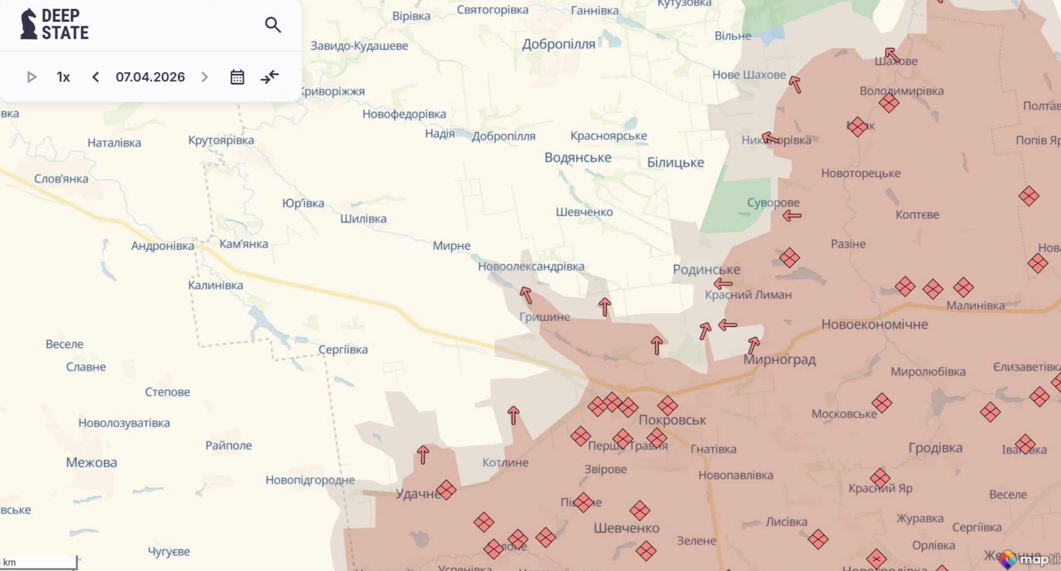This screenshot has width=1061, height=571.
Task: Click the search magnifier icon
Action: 273,25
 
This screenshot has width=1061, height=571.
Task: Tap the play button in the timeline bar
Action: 32,77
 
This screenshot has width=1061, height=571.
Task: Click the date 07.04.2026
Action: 150,77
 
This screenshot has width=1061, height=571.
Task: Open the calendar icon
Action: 237,77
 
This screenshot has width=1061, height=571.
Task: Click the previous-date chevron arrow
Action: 96,77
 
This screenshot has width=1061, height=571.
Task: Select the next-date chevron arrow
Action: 204,77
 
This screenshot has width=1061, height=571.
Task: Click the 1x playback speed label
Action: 63,77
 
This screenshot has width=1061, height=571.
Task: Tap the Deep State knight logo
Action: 28,24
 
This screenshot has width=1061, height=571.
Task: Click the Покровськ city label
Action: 672,420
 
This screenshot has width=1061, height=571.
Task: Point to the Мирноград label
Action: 779,359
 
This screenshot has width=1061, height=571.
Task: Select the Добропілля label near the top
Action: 559,44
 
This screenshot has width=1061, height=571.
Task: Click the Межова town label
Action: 91,462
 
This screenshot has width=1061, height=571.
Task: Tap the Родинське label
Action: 706,270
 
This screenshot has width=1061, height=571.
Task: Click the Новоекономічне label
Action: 874,324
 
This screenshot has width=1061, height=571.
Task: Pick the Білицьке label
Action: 675,163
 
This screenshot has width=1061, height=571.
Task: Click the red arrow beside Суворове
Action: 792,215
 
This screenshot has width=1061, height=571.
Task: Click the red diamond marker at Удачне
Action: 446,490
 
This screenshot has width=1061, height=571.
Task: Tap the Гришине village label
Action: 545,317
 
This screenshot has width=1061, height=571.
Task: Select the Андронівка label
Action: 162,245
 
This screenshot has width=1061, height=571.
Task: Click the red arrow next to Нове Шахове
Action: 795,85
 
